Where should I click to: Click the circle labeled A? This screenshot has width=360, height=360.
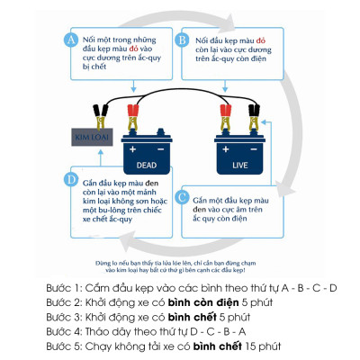(x=69, y=40)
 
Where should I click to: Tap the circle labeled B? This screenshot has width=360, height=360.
(x=183, y=40)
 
